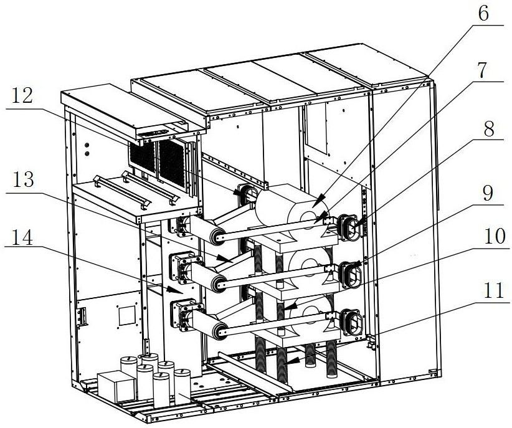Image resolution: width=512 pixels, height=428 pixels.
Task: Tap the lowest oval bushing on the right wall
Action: [x=354, y=321]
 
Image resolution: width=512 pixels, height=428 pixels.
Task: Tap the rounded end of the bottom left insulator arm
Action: [x=219, y=331]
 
